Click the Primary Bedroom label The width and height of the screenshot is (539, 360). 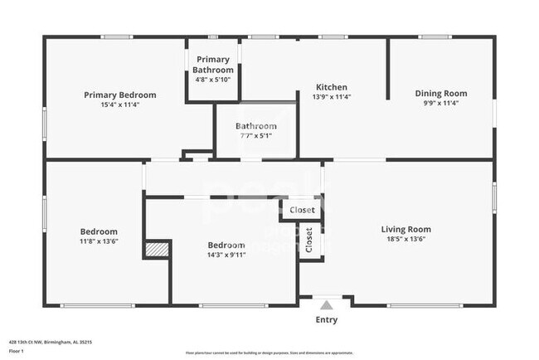click(x=120, y=95)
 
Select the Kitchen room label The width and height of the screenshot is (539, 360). click(x=332, y=87)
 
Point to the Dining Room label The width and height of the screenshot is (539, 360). click(x=441, y=94)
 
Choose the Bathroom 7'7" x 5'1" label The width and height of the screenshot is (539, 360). click(x=255, y=126)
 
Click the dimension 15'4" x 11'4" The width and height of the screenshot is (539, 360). click(x=120, y=105)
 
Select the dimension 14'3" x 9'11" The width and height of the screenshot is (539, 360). click(x=226, y=255)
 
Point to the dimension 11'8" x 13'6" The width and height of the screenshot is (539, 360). click(x=99, y=241)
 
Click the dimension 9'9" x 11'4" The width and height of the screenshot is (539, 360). click(x=441, y=104)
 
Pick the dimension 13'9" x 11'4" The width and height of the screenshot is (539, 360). click(x=332, y=97)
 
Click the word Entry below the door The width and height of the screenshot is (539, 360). click(x=327, y=319)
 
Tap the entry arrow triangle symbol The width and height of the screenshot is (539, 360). click(x=327, y=304)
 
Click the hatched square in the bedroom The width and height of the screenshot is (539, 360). click(x=157, y=250)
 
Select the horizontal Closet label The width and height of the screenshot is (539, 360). click(x=303, y=211)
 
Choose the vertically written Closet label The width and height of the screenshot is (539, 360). click(x=309, y=240)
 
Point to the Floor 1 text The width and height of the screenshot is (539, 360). click(x=17, y=351)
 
